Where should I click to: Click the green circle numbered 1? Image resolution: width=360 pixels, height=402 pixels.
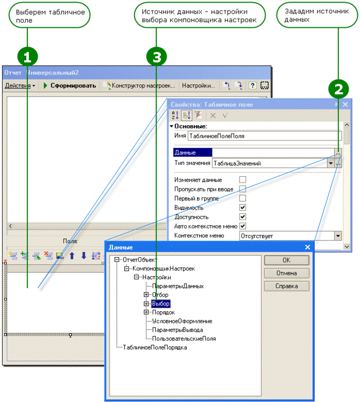pos(27,57)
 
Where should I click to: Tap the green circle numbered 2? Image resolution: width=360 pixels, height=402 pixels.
pos(339,89)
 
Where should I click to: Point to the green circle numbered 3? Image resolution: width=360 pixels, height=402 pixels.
pos(157,57)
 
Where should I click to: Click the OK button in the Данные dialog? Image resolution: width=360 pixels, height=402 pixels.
pos(287,260)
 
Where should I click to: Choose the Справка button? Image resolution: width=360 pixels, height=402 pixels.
pos(287,286)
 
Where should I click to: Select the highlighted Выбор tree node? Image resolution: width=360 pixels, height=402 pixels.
pos(161,303)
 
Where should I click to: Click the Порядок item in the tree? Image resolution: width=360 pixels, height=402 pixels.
pos(163,312)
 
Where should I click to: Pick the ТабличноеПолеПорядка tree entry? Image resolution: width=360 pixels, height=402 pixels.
pos(155,347)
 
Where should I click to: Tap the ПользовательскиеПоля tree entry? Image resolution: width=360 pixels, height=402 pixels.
pos(184,339)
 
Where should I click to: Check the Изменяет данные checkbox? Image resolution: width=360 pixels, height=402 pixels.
pos(243,179)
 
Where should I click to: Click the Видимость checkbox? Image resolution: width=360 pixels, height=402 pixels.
pos(243,207)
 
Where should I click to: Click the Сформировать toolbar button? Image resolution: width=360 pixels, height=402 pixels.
pos(70,85)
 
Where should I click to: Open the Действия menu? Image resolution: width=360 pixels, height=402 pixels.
pos(20,85)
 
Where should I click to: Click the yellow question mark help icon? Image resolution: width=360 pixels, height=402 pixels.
pos(253,85)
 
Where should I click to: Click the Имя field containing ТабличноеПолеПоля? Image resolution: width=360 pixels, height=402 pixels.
pos(265,136)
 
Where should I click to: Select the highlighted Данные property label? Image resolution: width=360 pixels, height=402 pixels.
pos(192,153)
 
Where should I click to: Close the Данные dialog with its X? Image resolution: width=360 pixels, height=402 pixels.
pos(308,247)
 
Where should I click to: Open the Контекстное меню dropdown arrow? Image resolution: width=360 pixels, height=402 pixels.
pos(338,236)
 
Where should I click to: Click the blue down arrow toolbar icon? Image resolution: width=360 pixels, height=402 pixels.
pos(84,256)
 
